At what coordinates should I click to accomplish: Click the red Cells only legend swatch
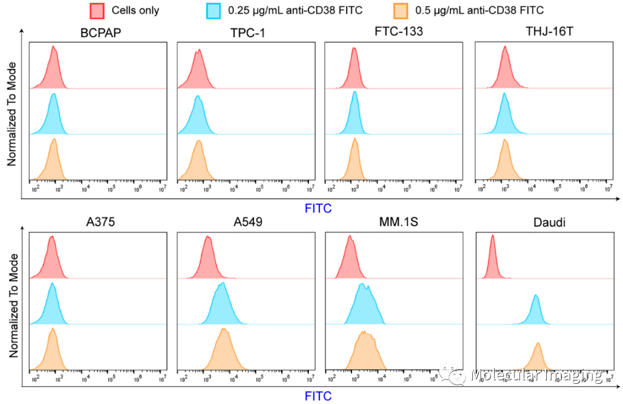point(98,10)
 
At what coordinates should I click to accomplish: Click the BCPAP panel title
point(100,32)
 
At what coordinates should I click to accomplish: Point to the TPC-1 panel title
point(247,32)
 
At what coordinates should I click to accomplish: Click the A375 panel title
point(100,223)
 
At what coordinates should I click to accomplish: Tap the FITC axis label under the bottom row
point(318,396)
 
